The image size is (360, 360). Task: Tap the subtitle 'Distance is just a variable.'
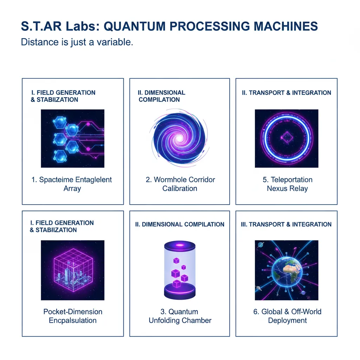(x=77, y=42)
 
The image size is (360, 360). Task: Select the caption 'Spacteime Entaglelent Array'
(x=72, y=184)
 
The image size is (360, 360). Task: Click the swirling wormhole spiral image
(x=180, y=138)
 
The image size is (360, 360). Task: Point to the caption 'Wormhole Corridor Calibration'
(x=180, y=184)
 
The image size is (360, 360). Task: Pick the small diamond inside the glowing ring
(x=287, y=138)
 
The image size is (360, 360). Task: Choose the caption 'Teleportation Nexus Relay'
(x=287, y=184)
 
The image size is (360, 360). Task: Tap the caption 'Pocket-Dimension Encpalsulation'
(x=72, y=316)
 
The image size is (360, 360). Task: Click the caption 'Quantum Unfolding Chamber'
(x=180, y=316)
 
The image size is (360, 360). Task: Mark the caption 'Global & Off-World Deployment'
(x=287, y=316)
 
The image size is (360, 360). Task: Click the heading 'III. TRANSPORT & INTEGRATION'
(x=286, y=224)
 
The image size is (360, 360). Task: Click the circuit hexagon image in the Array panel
(x=72, y=138)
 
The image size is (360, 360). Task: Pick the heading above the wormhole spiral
(x=161, y=96)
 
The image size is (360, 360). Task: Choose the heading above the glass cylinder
(x=180, y=224)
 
